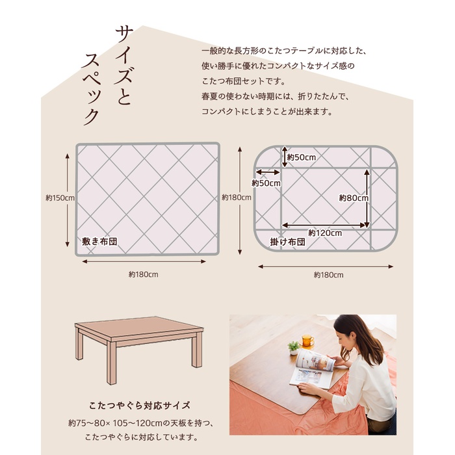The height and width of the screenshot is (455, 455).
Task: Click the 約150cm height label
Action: coord(60,198)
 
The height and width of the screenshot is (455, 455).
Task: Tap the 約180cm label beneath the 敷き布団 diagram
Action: coord(144,274)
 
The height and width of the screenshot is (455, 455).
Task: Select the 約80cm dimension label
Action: coord(354,198)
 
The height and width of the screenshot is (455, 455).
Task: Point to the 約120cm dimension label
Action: coord(325,233)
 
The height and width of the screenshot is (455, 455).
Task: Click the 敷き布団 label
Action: coord(99,241)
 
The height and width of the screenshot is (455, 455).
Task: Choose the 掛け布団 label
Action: coord(287,242)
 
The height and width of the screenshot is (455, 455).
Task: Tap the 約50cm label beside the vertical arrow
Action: coord(302,157)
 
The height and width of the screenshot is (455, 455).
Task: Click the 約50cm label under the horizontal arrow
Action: coord(266,183)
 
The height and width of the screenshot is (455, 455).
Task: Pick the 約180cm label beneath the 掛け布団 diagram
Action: coord(328,275)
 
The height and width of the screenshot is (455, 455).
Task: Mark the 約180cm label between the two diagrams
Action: coord(237,198)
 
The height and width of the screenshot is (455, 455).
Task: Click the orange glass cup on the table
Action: coord(307,340)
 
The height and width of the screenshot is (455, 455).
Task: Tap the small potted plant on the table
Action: coord(294,348)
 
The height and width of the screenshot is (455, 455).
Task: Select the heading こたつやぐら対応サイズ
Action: coord(140,406)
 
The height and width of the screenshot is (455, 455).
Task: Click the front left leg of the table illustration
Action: coord(111,362)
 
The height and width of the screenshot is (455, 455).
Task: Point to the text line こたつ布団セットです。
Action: coord(244,81)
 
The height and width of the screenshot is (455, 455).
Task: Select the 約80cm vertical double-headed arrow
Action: coord(367,198)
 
